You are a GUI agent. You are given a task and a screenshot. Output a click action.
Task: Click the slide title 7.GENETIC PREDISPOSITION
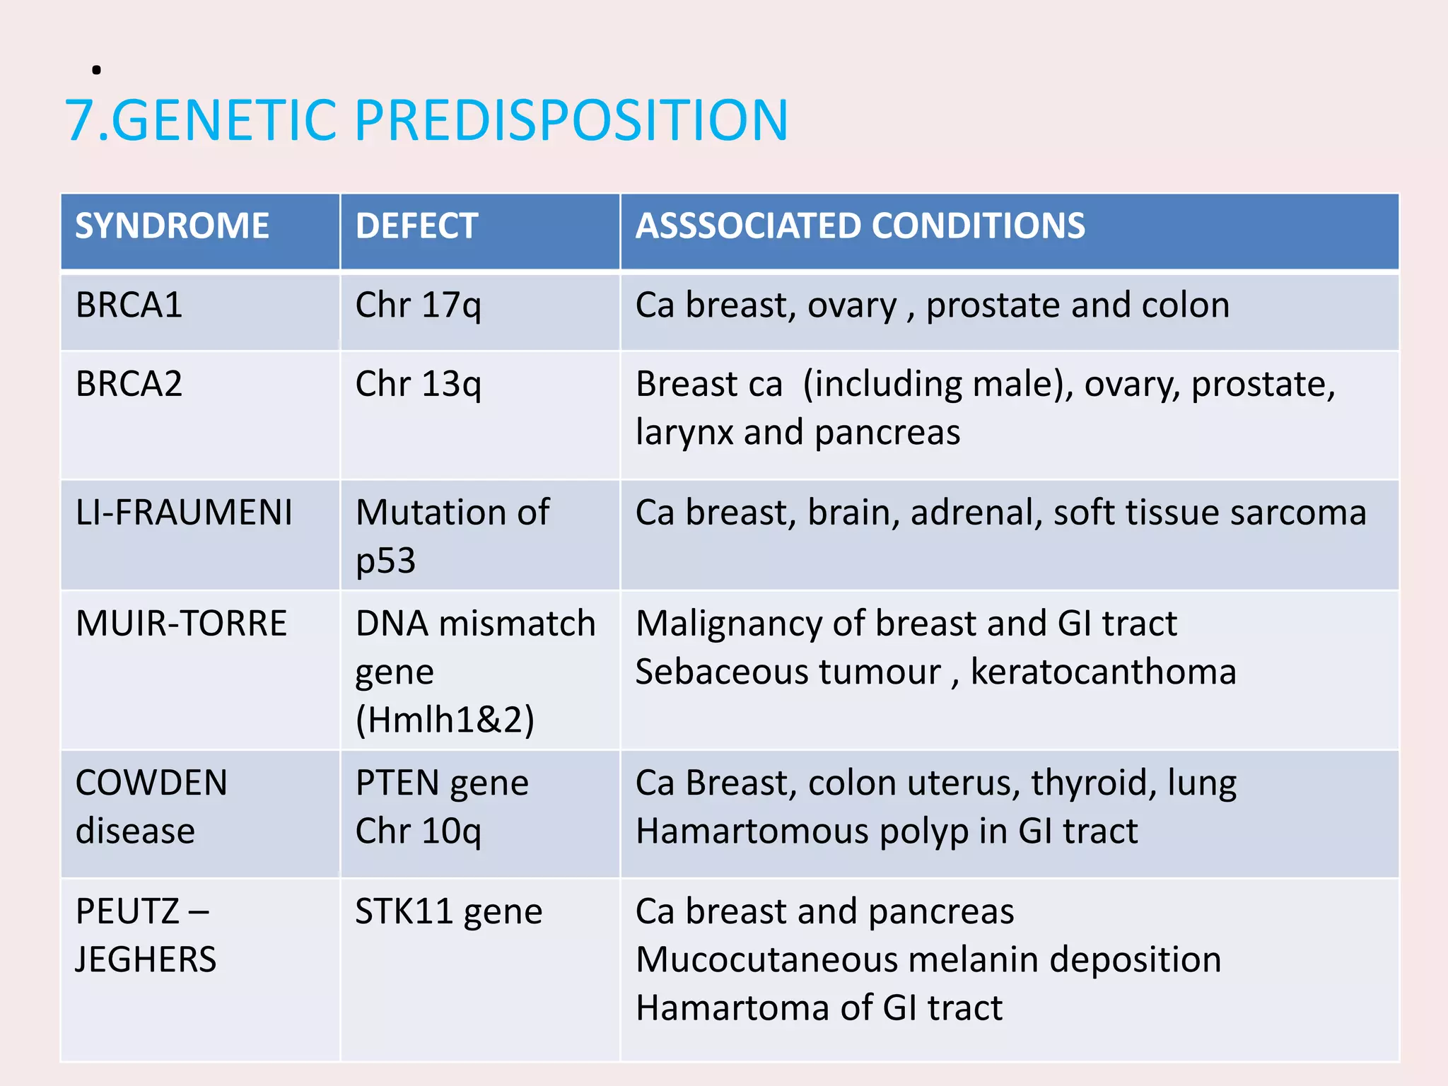click(x=426, y=120)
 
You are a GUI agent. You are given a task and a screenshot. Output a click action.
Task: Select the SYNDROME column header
click(x=172, y=226)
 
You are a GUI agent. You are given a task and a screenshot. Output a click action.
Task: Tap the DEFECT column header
click(x=416, y=226)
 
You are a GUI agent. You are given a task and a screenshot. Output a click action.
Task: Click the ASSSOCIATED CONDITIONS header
click(x=860, y=226)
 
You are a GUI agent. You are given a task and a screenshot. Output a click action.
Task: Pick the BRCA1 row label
click(x=129, y=305)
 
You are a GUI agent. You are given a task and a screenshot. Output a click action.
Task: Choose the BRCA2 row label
click(x=129, y=385)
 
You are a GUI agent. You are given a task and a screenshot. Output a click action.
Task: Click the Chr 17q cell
click(x=418, y=305)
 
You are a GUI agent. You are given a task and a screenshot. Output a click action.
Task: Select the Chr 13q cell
click(x=418, y=385)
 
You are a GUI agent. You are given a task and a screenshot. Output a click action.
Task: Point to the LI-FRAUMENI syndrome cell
click(x=184, y=513)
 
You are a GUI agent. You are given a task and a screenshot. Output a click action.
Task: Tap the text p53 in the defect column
click(x=385, y=561)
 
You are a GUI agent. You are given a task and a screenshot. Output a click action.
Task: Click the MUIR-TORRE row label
click(x=181, y=624)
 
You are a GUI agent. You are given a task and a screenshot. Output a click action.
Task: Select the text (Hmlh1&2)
click(x=445, y=720)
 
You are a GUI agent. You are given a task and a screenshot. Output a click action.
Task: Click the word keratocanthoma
click(x=1103, y=672)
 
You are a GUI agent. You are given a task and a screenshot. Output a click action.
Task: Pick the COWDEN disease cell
click(x=151, y=806)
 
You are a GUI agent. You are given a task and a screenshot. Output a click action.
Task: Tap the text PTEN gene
click(x=442, y=783)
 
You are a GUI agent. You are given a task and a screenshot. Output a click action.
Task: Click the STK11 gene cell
click(x=448, y=911)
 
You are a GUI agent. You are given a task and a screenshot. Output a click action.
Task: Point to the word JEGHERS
click(x=146, y=960)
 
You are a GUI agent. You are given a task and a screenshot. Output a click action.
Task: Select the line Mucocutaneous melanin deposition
click(x=928, y=960)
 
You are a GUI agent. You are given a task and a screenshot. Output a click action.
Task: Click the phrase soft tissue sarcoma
click(x=1209, y=513)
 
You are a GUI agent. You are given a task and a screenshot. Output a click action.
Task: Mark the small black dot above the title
click(x=96, y=69)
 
